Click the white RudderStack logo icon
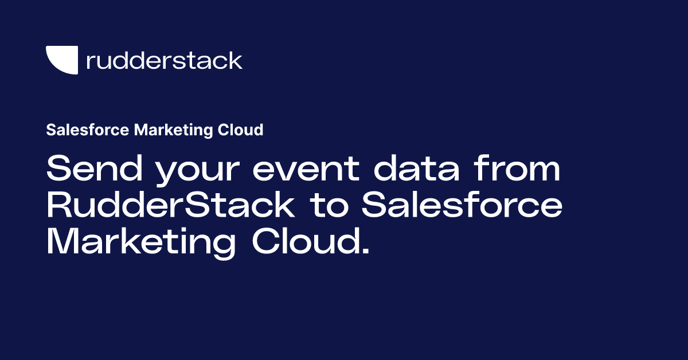[x=62, y=60]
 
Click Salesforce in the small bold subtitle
[x=88, y=130]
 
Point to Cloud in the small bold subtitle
[x=240, y=130]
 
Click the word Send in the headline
[x=95, y=168]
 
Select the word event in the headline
[x=306, y=169]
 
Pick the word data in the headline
[x=416, y=168]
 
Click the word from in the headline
[x=518, y=168]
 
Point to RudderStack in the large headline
[x=171, y=205]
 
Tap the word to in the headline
[x=329, y=206]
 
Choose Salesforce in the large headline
[x=462, y=205]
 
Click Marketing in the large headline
[x=141, y=243]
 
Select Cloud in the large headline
[x=307, y=241]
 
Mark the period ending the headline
[x=366, y=251]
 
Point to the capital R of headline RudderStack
[x=60, y=205]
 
